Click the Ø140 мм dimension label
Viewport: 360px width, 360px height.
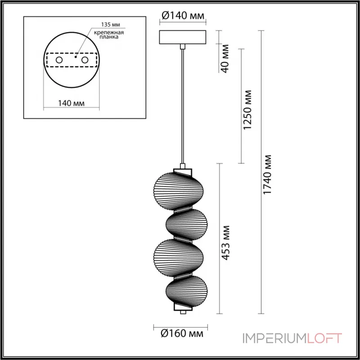pyautogui.click(x=183, y=16)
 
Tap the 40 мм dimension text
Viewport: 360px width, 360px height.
pyautogui.click(x=225, y=58)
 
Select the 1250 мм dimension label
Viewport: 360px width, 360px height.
pyautogui.click(x=247, y=110)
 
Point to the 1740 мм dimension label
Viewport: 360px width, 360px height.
pyautogui.click(x=267, y=175)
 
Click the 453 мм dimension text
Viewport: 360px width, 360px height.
pyautogui.click(x=226, y=243)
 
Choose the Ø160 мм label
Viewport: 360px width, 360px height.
pyautogui.click(x=182, y=333)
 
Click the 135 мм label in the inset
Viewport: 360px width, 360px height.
pyautogui.click(x=111, y=25)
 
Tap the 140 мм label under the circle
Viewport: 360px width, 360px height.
pyautogui.click(x=71, y=103)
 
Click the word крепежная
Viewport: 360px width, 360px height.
pyautogui.click(x=109, y=32)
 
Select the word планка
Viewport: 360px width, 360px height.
pyautogui.click(x=109, y=37)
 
